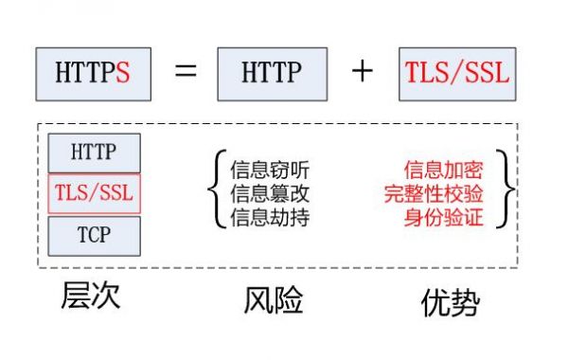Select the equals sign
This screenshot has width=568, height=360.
pyautogui.click(x=187, y=72)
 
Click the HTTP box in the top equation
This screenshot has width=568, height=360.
pyautogui.click(x=272, y=73)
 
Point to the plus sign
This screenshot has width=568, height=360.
pyautogui.click(x=363, y=72)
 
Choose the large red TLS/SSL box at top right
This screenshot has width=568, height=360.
pyautogui.click(x=456, y=73)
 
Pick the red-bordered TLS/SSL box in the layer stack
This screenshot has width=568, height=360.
pyautogui.click(x=94, y=194)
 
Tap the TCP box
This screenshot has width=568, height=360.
pyautogui.click(x=94, y=236)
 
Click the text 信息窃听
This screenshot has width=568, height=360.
pyautogui.click(x=270, y=171)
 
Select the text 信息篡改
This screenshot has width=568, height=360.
pyautogui.click(x=270, y=194)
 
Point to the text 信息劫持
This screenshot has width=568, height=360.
pyautogui.click(x=270, y=217)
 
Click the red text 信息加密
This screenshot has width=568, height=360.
pyautogui.click(x=443, y=171)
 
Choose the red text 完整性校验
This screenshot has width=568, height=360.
pyautogui.click(x=434, y=194)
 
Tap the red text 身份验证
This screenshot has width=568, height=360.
pyautogui.click(x=443, y=217)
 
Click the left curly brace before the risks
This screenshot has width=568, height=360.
pyautogui.click(x=216, y=193)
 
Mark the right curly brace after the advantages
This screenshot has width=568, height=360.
pyautogui.click(x=508, y=193)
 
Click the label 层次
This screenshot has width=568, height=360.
pyautogui.click(x=91, y=297)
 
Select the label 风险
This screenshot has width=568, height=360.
pyautogui.click(x=273, y=301)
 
